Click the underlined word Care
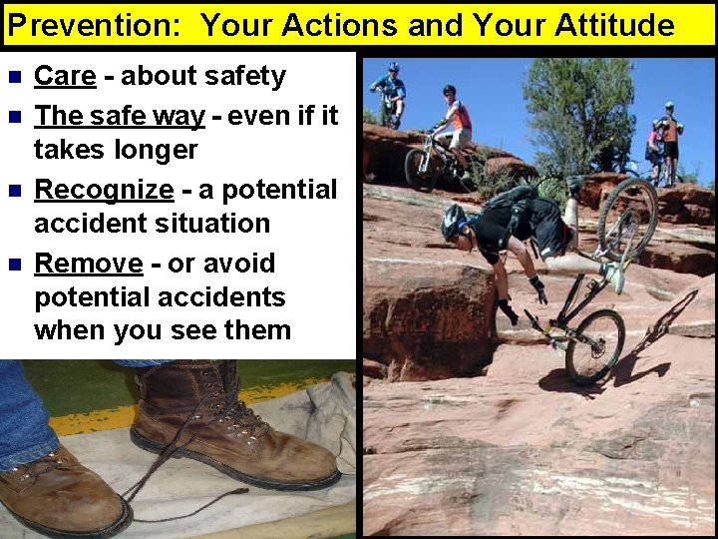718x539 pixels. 65,76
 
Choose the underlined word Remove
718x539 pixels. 89,264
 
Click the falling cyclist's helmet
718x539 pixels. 454,219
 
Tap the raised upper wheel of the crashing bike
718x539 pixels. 627,218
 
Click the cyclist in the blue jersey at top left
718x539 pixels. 390,93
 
